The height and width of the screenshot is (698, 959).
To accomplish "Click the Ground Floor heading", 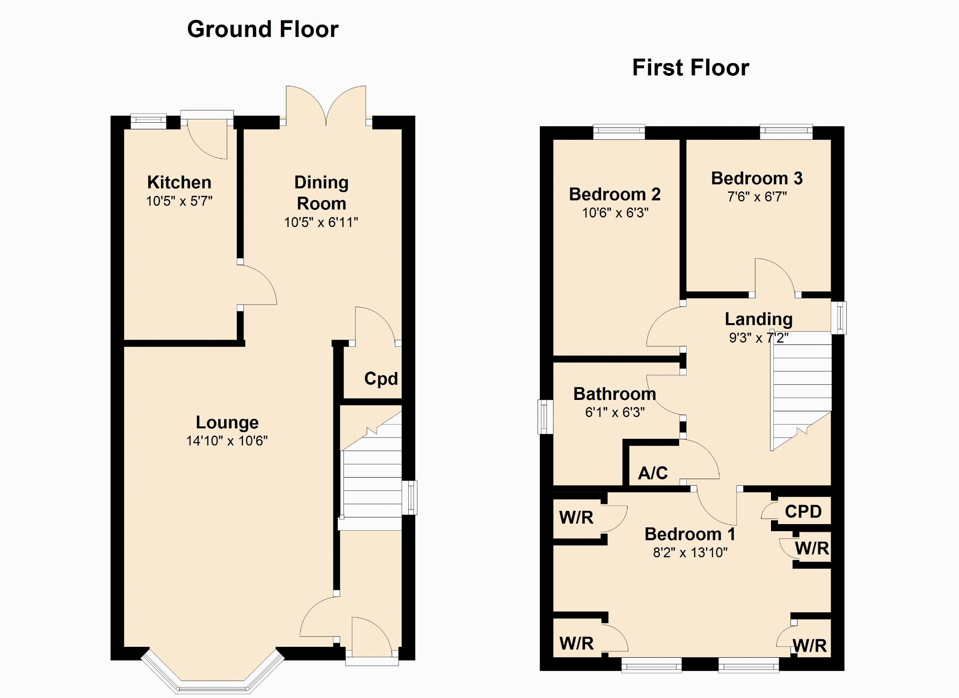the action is pos(263,29).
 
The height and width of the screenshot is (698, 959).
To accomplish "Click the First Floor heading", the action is pos(690,67).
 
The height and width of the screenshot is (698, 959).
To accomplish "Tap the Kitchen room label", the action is pos(179,182).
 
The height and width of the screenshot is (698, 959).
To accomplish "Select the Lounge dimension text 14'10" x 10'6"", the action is pos(227,441).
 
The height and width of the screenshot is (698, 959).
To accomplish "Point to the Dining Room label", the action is pos(321,193).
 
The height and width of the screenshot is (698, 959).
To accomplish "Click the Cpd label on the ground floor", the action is pos(381,379).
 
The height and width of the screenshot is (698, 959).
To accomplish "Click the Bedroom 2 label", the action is pos(615,194).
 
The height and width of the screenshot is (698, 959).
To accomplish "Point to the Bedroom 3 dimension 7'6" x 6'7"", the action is pos(757,197).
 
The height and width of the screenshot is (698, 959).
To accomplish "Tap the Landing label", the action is pos(759,319).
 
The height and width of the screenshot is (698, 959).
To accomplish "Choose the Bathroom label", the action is pos(615,394).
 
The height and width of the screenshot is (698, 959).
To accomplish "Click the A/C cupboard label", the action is pos(653,472).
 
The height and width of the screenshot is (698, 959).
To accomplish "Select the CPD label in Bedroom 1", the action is pos(803,511).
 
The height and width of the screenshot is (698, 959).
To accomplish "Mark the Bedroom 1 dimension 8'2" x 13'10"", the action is pos(690,553).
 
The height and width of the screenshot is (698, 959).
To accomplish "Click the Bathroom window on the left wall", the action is pos(545,417).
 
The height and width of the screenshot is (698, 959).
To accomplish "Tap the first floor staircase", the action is pos(801,390).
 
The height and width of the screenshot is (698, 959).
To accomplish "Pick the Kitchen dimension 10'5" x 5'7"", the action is pos(179,201).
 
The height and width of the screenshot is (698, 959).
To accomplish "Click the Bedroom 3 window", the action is pos(786,132).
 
